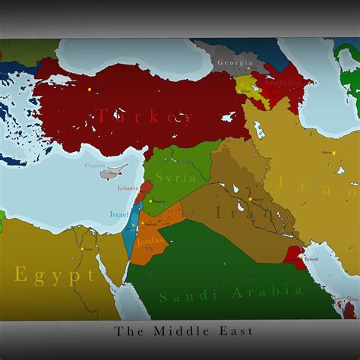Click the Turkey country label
coord(144,116)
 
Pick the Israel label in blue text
coord(119,214)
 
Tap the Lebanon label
coord(128,188)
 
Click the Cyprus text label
coord(95,164)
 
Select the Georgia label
coord(234,62)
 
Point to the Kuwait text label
coord(311,259)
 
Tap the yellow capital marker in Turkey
coord(90,90)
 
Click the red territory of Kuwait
coord(297,254)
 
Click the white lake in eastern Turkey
coord(229,117)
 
